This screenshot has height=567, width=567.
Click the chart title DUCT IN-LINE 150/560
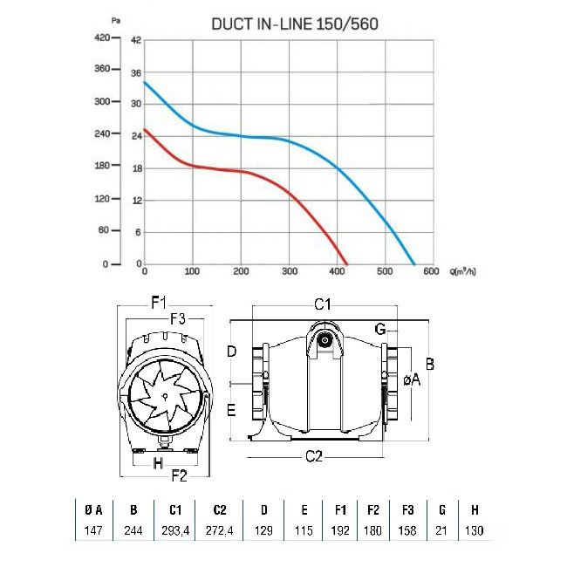[295, 24]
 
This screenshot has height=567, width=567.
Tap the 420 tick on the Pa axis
[102, 38]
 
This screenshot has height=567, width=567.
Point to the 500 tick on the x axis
[385, 271]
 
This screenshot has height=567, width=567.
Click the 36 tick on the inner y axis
[136, 73]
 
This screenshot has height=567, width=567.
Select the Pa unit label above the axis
[116, 21]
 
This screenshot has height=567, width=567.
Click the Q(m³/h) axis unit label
[463, 271]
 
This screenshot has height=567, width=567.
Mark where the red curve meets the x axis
[346, 264]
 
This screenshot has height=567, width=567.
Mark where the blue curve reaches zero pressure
[413, 264]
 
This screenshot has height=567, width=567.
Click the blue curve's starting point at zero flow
[145, 83]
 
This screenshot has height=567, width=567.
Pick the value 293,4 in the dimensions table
[175, 530]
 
